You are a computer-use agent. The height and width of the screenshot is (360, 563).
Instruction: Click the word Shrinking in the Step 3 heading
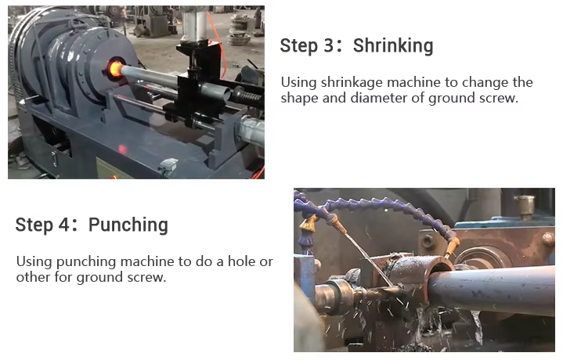[392, 45]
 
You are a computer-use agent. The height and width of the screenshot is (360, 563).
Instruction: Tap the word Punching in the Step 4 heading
[128, 225]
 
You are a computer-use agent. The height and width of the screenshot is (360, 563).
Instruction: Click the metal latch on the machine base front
[168, 165]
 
